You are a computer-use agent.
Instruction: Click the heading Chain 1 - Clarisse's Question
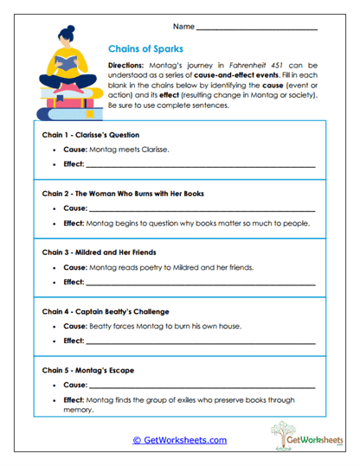pyautogui.click(x=90, y=136)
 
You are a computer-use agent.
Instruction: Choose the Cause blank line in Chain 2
pyautogui.click(x=202, y=208)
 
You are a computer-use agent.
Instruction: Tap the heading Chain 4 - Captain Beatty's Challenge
pyautogui.click(x=106, y=311)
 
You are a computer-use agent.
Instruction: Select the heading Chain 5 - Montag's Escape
pyautogui.click(x=88, y=370)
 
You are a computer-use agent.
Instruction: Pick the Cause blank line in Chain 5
pyautogui.click(x=202, y=385)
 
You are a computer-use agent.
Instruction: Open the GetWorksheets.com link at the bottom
pyautogui.click(x=179, y=440)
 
